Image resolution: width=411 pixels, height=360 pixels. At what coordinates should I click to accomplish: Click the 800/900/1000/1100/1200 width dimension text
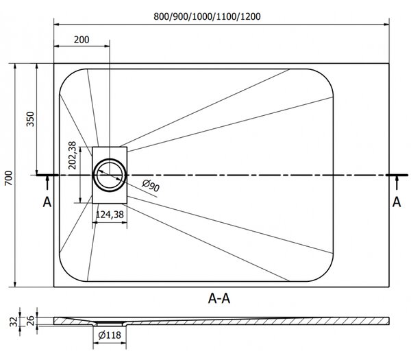coord(207,16)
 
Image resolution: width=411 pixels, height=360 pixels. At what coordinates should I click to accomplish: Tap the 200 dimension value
coord(82,40)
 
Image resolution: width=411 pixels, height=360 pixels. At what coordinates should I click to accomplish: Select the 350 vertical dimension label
coord(30,119)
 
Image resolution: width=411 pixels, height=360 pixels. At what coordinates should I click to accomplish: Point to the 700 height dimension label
coord(9,178)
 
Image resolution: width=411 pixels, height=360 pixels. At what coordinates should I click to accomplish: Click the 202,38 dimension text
coord(72,155)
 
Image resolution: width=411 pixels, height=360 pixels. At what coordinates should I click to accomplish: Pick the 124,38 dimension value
coord(110,215)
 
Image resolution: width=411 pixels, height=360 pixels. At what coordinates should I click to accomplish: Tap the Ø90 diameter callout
coord(151,186)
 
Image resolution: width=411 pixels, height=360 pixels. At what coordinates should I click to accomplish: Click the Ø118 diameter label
coord(110,335)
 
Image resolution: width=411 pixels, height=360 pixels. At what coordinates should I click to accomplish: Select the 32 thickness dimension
coord(14,322)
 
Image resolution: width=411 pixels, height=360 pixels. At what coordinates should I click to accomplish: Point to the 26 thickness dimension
coord(30,321)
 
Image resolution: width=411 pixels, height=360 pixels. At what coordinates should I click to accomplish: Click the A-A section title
coord(219,298)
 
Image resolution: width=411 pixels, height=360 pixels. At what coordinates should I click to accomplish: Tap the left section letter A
coord(47,202)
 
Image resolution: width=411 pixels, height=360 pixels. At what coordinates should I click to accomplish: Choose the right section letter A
coord(397,202)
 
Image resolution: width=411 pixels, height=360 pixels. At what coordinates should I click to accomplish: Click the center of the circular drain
coord(110,175)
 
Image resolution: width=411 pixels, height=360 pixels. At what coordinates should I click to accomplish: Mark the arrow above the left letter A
coord(47,182)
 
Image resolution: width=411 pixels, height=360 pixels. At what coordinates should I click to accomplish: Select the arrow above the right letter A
coord(397,182)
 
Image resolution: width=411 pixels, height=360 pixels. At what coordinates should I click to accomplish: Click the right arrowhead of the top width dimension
coord(386,25)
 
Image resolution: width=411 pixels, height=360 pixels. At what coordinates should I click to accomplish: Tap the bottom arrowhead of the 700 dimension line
coord(15,284)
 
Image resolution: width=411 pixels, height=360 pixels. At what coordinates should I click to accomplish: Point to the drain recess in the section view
coord(110,323)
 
